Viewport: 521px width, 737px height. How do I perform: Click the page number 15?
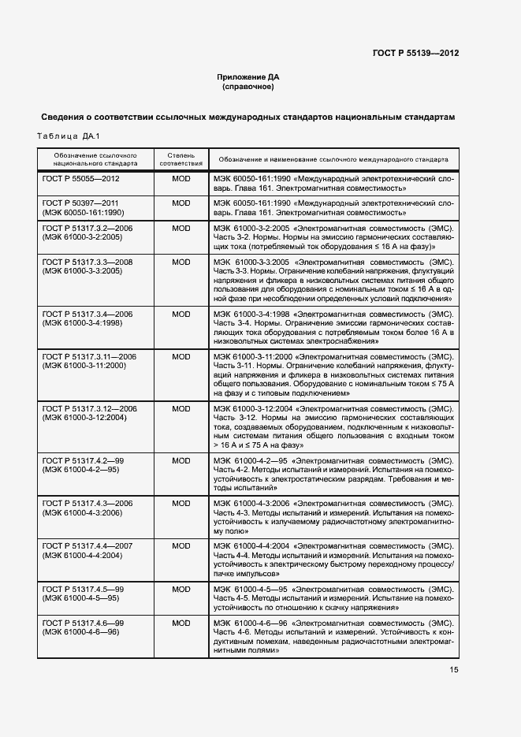click(x=454, y=670)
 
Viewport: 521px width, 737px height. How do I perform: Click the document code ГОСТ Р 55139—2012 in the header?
click(x=415, y=53)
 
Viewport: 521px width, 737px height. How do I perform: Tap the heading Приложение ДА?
click(x=248, y=76)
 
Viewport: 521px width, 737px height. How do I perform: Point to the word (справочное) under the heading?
click(x=248, y=87)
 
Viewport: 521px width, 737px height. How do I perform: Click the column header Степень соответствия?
click(x=181, y=159)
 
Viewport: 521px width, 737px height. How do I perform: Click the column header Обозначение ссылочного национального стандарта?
click(x=95, y=159)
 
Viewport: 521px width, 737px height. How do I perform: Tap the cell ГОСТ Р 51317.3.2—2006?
click(x=87, y=228)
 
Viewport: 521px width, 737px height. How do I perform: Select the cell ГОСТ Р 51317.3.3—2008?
click(x=87, y=262)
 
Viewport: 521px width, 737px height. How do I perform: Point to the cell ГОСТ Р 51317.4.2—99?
click(x=83, y=460)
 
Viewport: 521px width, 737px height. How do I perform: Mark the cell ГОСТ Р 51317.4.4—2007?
click(x=87, y=546)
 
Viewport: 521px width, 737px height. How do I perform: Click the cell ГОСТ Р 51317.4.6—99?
click(x=83, y=623)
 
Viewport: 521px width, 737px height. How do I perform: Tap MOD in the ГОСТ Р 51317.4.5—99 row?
click(x=181, y=589)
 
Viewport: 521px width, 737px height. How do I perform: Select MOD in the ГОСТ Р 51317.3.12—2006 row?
click(x=181, y=408)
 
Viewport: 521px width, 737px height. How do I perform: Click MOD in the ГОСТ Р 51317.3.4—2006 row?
click(x=181, y=314)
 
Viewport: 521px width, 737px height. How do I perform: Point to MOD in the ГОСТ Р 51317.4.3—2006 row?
click(x=181, y=503)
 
